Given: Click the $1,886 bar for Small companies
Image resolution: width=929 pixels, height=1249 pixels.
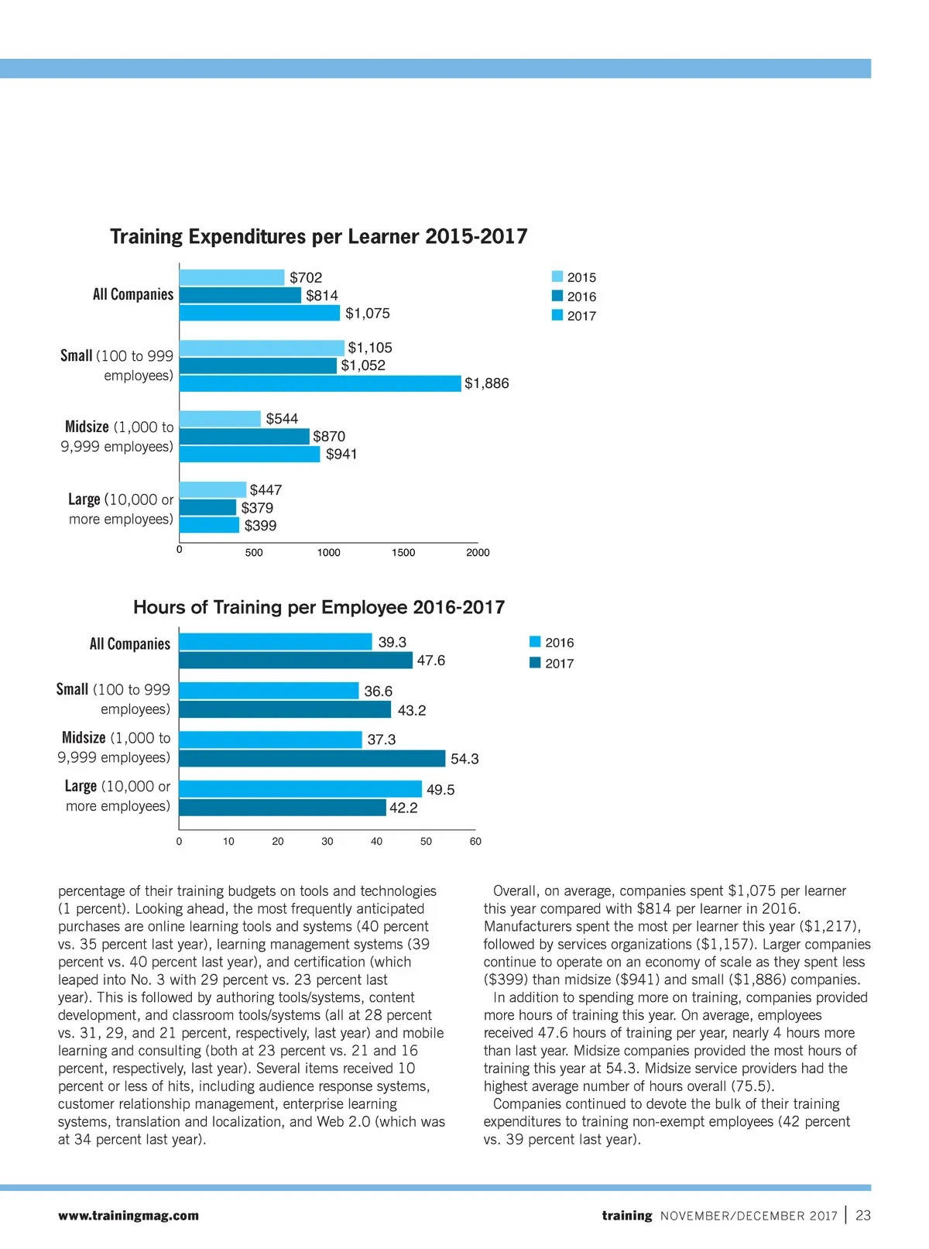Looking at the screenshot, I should pos(320,383).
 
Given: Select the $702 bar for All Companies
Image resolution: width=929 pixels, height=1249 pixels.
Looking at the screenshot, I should pos(231,277).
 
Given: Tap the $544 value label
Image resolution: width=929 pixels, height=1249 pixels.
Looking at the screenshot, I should pos(282,419).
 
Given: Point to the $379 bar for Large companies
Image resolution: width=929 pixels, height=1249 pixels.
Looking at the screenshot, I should pos(207,508).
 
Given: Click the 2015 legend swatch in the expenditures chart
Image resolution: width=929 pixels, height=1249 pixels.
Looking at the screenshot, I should pos(557,277).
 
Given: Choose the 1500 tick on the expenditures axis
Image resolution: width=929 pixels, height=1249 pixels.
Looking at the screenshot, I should pos(403,553).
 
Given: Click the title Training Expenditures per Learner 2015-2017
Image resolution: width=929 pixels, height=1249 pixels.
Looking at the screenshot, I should pos(318,236).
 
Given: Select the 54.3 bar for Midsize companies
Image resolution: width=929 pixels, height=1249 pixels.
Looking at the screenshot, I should pos(312,759).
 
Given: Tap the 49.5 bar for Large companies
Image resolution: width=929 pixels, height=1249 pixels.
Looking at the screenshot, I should pos(300,789).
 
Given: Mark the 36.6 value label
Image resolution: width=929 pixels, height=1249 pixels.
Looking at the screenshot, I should pos(379,691).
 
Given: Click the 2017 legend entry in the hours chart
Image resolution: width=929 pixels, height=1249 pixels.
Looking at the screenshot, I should pos(551,664).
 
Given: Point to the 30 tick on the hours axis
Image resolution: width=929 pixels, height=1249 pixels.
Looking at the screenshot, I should pos(327,842).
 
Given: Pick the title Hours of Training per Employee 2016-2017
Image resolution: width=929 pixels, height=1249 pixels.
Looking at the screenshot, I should pos(319,607).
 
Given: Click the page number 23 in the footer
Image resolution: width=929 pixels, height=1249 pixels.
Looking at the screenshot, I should pos(863,1216).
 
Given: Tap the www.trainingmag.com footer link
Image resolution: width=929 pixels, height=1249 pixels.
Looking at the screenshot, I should pos(129,1216).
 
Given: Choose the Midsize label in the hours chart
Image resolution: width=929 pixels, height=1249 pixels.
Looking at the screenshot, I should pos(84,738).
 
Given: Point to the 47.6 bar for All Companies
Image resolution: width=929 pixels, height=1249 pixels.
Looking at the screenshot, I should pos(296,661).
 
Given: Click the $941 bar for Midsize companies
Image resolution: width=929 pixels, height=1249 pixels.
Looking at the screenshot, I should pos(249,455).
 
